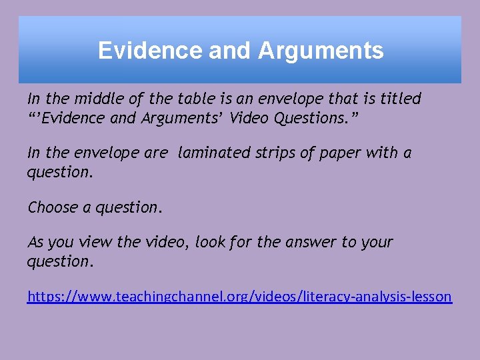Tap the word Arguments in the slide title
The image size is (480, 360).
pyautogui.click(x=321, y=51)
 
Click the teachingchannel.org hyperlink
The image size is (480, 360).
pyautogui.click(x=239, y=296)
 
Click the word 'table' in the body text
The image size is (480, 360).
pyautogui.click(x=195, y=99)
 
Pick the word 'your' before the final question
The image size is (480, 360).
pyautogui.click(x=377, y=242)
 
